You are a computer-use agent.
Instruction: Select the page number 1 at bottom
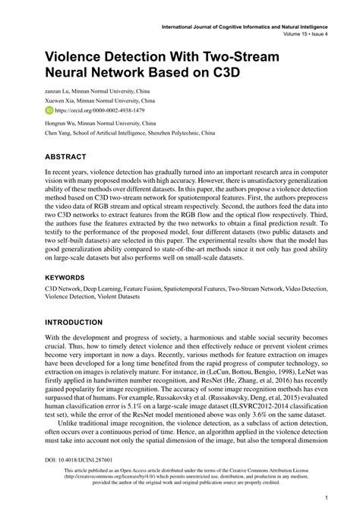[325, 498]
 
